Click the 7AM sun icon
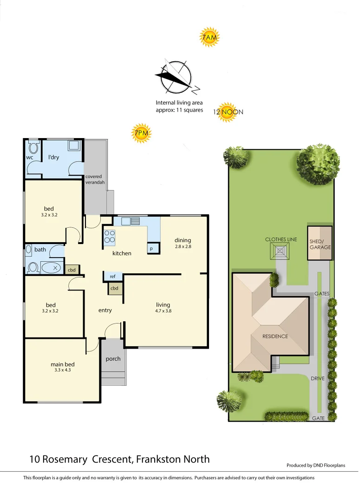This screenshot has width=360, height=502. tap(209, 37)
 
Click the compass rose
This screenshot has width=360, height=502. tap(176, 77)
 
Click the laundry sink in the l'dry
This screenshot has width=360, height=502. tap(73, 146)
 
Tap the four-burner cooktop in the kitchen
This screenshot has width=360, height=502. tap(110, 237)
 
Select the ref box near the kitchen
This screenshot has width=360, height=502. tap(112, 277)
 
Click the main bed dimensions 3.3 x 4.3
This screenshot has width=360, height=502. tap(63, 370)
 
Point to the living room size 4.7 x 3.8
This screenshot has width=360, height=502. tap(163, 311)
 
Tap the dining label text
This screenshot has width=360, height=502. tap(183, 240)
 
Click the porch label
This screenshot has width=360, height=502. tap(113, 358)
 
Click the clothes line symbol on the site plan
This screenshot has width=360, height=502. tap(280, 251)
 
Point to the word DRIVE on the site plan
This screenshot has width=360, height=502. tap(317, 378)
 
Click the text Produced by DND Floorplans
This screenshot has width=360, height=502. tap(315, 465)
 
